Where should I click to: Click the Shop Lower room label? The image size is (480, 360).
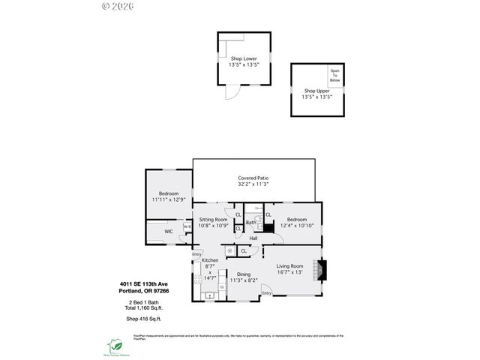coord(244,58)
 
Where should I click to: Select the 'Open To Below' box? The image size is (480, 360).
coord(334,75)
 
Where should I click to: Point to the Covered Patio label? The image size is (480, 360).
coord(253,178)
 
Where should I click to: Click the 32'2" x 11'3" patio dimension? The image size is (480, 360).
coord(253,184)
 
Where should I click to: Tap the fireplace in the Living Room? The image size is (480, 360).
coord(320,270)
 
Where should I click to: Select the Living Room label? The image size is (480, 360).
coord(289,265)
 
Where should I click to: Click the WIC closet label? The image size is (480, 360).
coord(169,232)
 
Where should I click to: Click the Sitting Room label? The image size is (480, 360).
coord(213,219)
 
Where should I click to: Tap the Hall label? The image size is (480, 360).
coord(253,238)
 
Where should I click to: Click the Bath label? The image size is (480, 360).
coord(251,223)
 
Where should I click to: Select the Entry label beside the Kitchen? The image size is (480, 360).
coord(196,253)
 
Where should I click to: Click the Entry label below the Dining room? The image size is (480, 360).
coord(266,292)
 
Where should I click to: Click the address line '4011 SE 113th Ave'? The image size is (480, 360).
coord(145,283)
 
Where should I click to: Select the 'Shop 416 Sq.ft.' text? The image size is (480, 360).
coord(143,319)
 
